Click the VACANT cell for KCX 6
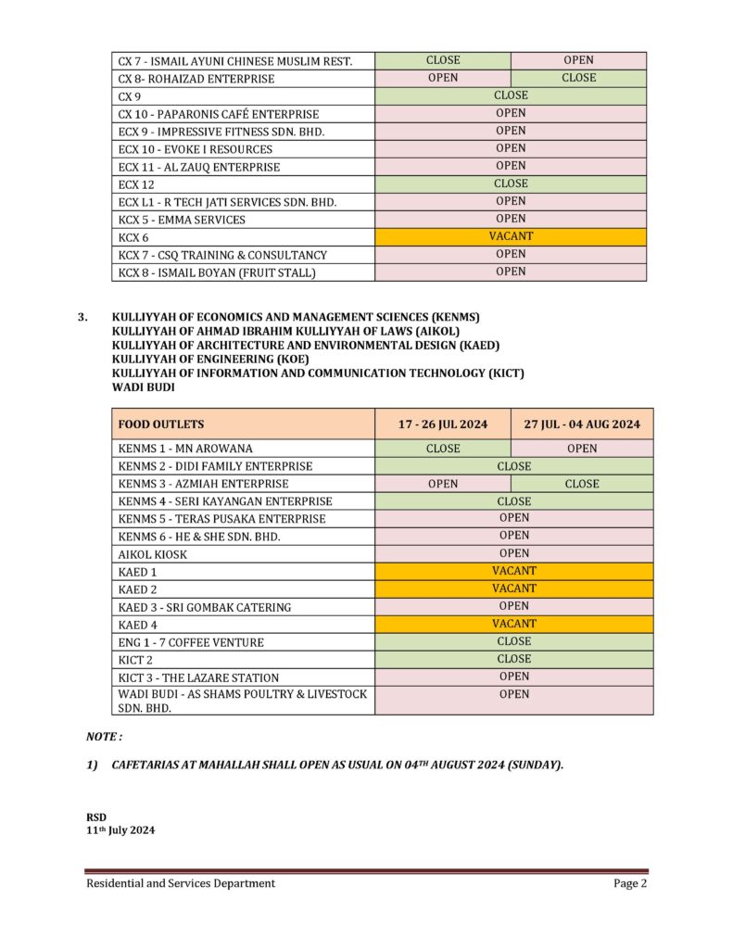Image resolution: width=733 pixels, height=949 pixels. (x=511, y=236)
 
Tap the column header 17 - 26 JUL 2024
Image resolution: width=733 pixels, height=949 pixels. (x=442, y=424)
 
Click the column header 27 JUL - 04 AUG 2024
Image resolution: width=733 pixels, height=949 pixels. (x=582, y=424)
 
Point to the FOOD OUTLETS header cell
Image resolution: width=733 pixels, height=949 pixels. (x=161, y=424)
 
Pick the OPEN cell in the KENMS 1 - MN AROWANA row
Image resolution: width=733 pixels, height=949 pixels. (x=582, y=449)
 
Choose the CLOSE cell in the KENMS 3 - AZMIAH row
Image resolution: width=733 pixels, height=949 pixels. (x=582, y=484)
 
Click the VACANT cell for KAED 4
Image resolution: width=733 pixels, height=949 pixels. (x=513, y=624)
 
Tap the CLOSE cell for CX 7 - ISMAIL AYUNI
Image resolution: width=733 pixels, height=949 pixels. (x=442, y=60)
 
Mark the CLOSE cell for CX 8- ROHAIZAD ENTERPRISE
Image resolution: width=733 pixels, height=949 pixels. (x=579, y=78)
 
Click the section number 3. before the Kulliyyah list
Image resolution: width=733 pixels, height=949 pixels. (x=83, y=317)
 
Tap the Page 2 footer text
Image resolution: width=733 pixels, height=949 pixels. (x=629, y=883)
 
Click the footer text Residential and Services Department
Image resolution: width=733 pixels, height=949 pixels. (x=181, y=883)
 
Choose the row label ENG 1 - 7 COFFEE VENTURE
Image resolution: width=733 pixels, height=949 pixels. (x=191, y=642)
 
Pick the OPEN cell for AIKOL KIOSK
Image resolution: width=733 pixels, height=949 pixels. (x=513, y=553)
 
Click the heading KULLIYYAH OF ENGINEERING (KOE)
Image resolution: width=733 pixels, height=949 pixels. (x=210, y=359)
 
